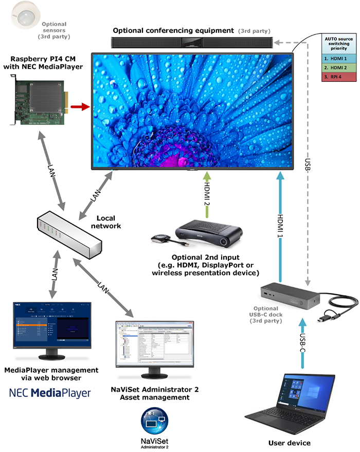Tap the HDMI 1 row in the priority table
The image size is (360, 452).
click(x=337, y=59)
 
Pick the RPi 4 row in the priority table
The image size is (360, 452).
click(x=337, y=77)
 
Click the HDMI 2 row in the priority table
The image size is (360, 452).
click(x=337, y=68)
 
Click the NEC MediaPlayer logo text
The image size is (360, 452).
click(x=50, y=393)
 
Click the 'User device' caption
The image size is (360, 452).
click(x=289, y=442)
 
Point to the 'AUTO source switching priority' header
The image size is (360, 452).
click(x=337, y=45)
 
